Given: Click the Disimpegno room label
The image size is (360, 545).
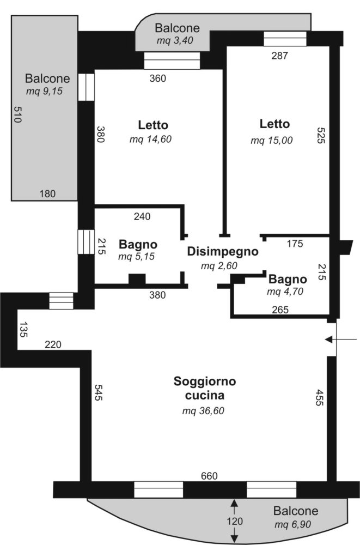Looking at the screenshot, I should pyautogui.click(x=222, y=252).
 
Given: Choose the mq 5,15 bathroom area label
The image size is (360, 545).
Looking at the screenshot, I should pyautogui.click(x=138, y=257).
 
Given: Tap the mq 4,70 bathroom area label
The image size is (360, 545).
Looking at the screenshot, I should pyautogui.click(x=286, y=292).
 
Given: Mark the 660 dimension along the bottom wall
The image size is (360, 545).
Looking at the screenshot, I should pyautogui.click(x=209, y=476).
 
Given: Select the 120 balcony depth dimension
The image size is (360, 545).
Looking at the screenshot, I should pyautogui.click(x=234, y=522).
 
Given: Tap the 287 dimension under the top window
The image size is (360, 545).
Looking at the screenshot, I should pyautogui.click(x=279, y=55).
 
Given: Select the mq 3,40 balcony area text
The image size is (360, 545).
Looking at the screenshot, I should pyautogui.click(x=175, y=40).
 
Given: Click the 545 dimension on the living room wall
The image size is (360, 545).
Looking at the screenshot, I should pyautogui.click(x=99, y=393).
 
